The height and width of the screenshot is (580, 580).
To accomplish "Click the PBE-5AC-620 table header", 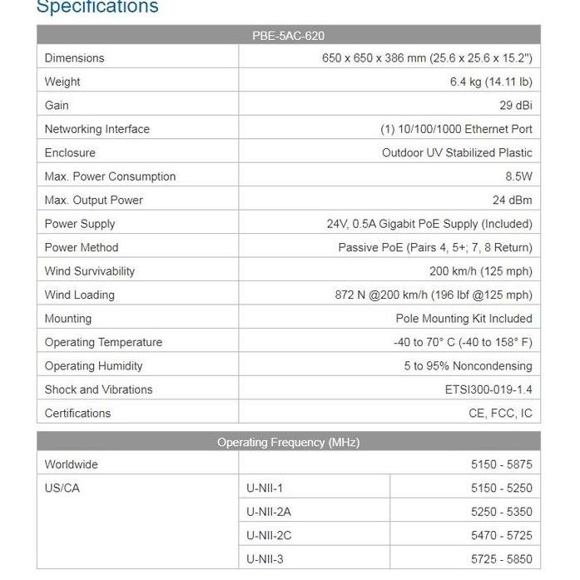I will (288, 36).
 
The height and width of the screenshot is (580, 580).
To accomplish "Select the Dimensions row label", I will (75, 58).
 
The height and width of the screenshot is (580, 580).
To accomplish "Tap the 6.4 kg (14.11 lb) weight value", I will (491, 82).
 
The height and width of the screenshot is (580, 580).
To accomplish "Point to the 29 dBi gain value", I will (516, 106).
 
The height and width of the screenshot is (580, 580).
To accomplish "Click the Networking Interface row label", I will (97, 129).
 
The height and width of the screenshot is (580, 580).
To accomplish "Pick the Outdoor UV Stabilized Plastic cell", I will (457, 153).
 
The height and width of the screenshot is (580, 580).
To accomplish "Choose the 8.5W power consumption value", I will (518, 176).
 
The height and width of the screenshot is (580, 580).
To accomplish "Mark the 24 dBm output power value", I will (512, 201).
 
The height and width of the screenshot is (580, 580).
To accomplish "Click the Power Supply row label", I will (80, 224).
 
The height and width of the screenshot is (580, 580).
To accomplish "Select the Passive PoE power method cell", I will (435, 248).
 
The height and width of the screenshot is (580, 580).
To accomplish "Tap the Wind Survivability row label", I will (90, 271).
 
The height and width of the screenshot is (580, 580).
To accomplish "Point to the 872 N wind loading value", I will (434, 295).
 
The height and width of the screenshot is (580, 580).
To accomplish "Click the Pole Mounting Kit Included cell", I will (464, 319).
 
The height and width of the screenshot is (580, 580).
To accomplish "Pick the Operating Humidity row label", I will (94, 366).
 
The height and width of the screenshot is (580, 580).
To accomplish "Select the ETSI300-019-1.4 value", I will (488, 389).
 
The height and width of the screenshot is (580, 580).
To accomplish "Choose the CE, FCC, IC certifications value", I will (500, 414).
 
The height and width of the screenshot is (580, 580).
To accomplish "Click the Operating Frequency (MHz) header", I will (288, 443).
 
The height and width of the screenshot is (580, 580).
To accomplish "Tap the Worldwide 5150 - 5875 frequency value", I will (501, 464).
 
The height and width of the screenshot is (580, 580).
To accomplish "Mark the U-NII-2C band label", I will (268, 535).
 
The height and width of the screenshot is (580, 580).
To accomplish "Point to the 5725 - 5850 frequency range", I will (501, 559).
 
